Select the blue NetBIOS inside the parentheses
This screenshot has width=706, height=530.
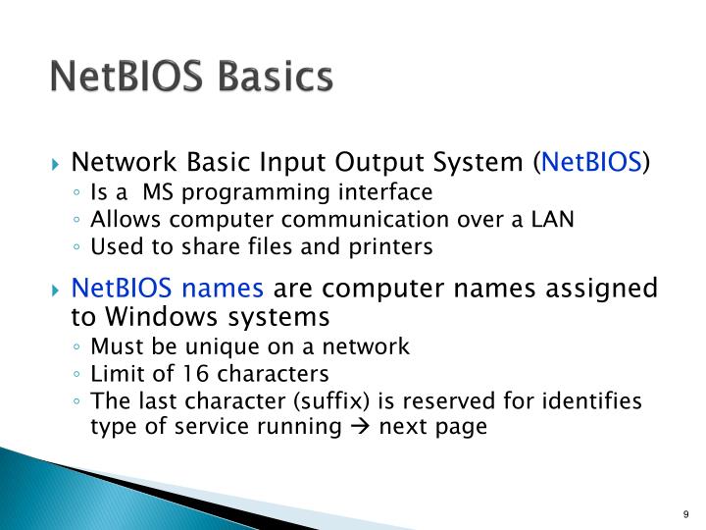[x=591, y=162]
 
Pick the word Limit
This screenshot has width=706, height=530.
[x=112, y=374]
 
